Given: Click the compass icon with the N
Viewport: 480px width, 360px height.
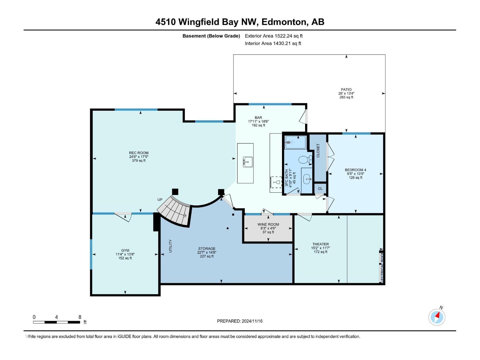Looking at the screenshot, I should point(437,317).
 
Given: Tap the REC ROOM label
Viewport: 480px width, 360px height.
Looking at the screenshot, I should point(139,153).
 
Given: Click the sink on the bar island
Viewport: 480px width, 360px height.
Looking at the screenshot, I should point(248,162).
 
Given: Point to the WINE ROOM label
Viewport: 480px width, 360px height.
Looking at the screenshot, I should point(268,224).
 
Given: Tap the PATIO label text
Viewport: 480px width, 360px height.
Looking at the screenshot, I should point(346,89).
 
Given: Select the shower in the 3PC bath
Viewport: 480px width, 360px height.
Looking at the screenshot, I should point(295,142).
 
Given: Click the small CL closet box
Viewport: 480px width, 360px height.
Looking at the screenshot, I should point(320,188).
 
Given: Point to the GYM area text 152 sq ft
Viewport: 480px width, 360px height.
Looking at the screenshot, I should point(125,258).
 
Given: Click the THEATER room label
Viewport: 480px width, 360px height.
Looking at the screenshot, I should point(320,244).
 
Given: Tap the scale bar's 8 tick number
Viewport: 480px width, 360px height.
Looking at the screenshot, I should point(80,317).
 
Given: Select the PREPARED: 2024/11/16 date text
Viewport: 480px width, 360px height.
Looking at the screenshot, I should point(240,321).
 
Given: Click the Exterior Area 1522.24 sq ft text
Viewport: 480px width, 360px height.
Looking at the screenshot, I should point(274,36).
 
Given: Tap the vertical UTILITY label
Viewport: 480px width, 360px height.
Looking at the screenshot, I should point(170,246).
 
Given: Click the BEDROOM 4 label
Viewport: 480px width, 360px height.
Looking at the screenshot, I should point(355,170).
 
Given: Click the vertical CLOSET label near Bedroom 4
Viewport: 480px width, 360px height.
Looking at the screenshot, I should point(318,151).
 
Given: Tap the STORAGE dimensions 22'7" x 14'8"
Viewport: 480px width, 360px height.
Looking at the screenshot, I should point(207,252).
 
